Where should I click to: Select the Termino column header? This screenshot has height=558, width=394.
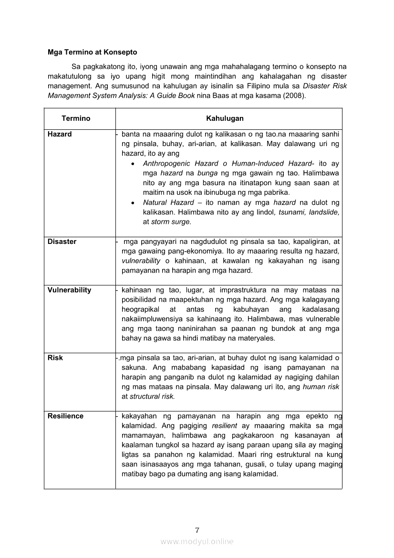[76, 118]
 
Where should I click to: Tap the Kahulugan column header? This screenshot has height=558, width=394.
[225, 118]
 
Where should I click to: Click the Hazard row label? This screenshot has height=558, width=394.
[60, 134]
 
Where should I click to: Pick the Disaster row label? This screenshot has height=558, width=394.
[62, 242]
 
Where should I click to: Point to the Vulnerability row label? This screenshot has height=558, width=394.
[69, 290]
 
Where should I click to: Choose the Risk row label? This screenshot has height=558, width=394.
[55, 358]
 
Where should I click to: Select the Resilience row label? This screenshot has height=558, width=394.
[65, 416]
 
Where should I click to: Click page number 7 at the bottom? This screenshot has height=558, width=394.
[197, 530]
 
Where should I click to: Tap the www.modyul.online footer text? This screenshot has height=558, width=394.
[197, 541]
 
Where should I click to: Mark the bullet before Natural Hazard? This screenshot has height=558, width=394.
[133, 203]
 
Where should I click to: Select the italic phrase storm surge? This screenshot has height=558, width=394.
[171, 221]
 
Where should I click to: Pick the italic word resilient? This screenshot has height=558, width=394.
[224, 425]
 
